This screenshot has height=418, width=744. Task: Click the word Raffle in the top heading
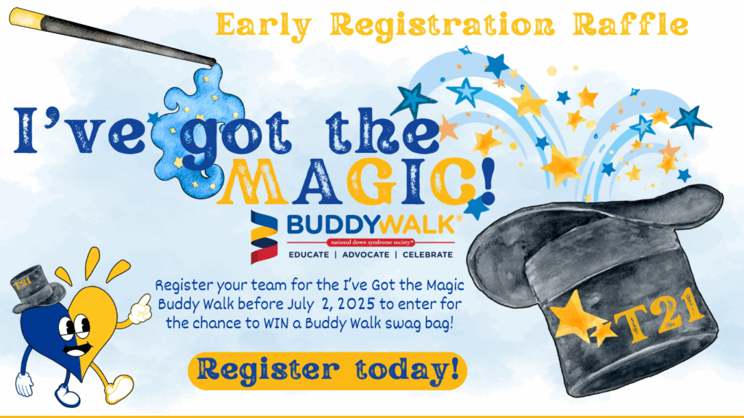(631, 25)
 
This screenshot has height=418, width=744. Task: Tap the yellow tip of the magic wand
(26, 17)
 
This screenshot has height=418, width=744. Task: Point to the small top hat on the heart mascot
(38, 289)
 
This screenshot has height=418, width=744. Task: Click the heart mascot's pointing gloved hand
(140, 309)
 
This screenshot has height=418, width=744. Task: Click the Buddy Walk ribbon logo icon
(264, 237)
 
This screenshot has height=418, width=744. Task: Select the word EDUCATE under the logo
(309, 255)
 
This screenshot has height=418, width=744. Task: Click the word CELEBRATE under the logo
(427, 255)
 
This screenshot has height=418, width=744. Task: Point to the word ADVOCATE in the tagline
(366, 255)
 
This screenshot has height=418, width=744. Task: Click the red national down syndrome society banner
(371, 242)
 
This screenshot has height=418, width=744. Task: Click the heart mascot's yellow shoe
(118, 388)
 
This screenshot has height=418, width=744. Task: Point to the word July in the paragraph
(301, 304)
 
